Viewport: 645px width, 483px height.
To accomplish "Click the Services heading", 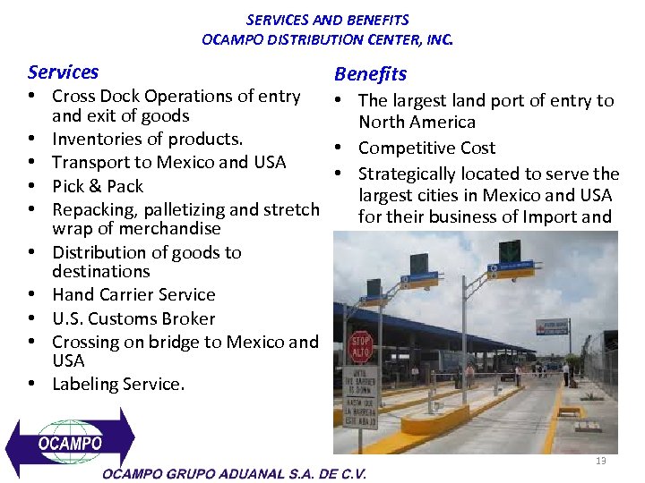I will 64,72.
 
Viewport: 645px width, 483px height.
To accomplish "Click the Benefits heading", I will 370,74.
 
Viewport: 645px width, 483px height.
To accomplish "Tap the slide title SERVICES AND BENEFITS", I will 327,19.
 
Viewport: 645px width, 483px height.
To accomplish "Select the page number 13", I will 601,461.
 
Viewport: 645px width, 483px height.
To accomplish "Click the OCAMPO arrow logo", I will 70,443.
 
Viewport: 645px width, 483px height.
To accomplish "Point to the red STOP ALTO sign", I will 361,344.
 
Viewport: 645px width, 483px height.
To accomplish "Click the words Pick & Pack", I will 98,186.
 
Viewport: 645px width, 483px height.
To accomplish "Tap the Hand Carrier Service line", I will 133,294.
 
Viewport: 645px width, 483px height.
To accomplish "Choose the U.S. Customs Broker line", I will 133,318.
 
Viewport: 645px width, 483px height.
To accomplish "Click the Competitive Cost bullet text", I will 427,148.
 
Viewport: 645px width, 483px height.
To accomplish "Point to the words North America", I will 417,123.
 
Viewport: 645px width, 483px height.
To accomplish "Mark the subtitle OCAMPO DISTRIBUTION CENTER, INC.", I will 327,39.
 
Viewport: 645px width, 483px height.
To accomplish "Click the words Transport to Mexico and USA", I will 168,162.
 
